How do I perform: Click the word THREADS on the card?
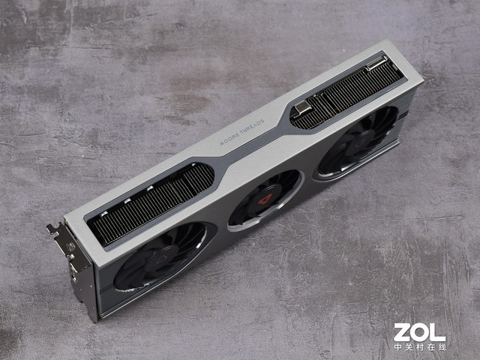click(253, 127)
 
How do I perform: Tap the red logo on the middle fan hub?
click(265, 199)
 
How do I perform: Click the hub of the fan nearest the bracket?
click(161, 259)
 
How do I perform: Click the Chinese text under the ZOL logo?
click(420, 346)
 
